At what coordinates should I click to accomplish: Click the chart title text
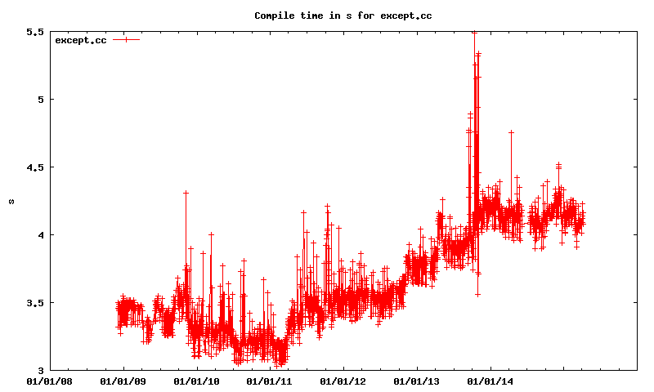343,16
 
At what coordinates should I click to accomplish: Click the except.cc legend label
81,40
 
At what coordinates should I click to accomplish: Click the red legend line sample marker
127,40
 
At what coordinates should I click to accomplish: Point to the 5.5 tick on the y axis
35,32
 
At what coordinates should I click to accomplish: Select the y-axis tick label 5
39,100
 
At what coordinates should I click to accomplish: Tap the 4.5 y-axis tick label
35,167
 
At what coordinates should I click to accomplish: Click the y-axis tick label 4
39,235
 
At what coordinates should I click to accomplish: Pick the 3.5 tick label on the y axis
35,303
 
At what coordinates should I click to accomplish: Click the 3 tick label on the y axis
39,371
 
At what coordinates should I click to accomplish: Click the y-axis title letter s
11,201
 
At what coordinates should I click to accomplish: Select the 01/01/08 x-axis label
50,381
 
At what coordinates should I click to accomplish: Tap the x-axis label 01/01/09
123,381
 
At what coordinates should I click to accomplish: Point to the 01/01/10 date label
197,381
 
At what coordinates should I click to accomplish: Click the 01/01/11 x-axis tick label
270,381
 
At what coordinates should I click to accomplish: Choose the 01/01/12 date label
343,381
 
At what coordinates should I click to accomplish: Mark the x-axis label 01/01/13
417,381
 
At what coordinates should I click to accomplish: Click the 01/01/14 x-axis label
490,381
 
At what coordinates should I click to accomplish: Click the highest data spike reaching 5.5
474,33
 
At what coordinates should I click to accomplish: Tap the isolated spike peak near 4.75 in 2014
511,132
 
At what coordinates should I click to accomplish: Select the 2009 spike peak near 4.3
186,193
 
